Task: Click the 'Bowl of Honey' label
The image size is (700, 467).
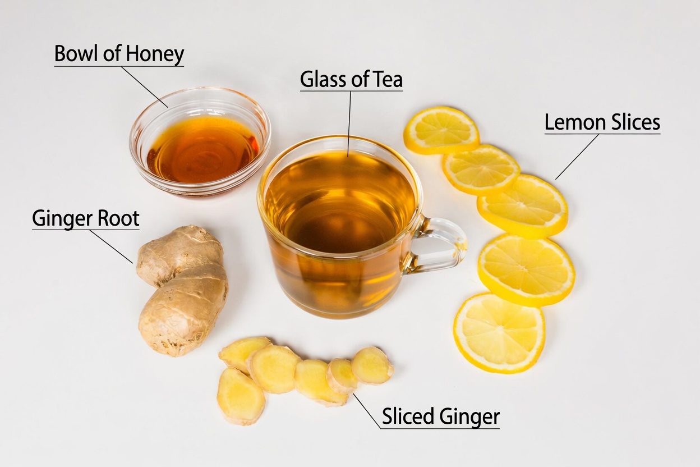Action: click(x=119, y=54)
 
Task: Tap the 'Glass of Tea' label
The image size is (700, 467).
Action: click(x=351, y=80)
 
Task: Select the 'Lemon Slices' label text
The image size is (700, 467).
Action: click(x=602, y=123)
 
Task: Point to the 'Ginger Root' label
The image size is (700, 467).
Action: click(x=85, y=218)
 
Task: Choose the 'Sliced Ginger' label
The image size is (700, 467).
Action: click(x=440, y=417)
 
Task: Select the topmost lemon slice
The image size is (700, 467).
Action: click(x=441, y=129)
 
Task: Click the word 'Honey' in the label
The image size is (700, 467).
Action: click(x=155, y=54)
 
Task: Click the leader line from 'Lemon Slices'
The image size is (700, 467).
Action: click(x=577, y=157)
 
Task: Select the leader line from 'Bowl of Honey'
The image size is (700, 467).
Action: click(x=144, y=86)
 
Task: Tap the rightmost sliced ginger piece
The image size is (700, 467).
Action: click(x=372, y=365)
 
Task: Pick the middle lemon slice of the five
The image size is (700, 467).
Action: click(x=522, y=204)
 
